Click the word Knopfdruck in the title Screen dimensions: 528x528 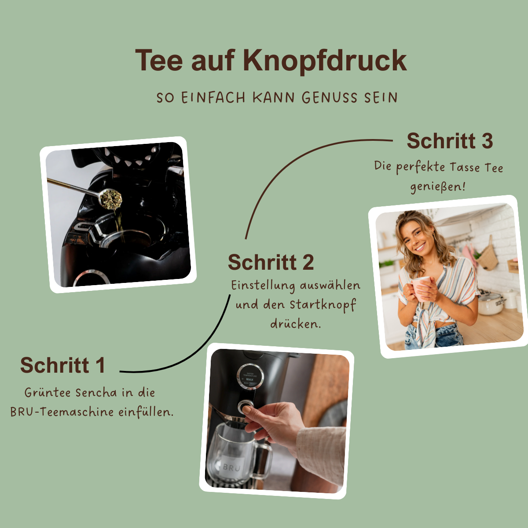pyautogui.click(x=325, y=60)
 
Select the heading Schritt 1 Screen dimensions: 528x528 pyautogui.click(x=62, y=365)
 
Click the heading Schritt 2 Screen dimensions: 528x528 pyautogui.click(x=271, y=263)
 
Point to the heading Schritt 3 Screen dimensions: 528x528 pyautogui.click(x=449, y=141)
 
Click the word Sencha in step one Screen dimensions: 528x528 pyautogui.click(x=96, y=392)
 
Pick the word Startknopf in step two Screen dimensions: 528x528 pyautogui.click(x=323, y=304)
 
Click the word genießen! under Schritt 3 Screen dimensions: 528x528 pyautogui.click(x=437, y=187)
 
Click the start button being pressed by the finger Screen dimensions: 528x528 pyautogui.click(x=245, y=407)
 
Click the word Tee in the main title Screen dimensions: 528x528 pyautogui.click(x=159, y=60)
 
